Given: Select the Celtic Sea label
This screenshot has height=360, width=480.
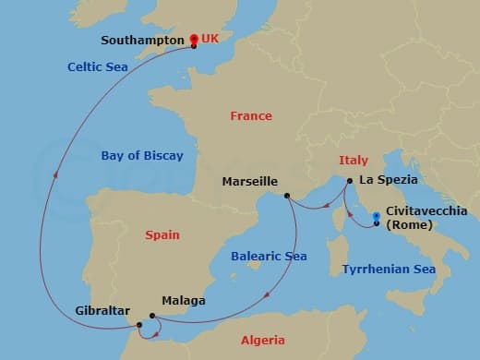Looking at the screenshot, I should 97,66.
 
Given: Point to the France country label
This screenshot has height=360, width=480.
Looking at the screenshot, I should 251,116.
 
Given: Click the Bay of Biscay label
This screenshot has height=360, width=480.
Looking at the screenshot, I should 142,156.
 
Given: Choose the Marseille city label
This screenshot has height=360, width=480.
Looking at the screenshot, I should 250,182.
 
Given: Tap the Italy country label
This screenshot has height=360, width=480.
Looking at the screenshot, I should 354,160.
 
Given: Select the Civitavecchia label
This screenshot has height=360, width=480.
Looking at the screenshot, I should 426,211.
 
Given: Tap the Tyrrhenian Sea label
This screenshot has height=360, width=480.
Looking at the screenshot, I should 389,270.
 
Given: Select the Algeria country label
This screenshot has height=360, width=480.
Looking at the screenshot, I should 263,340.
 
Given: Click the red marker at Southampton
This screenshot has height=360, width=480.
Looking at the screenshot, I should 194,40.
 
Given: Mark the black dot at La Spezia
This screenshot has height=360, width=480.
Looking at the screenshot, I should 350,181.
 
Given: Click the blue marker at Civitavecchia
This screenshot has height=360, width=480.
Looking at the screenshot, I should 377,219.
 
